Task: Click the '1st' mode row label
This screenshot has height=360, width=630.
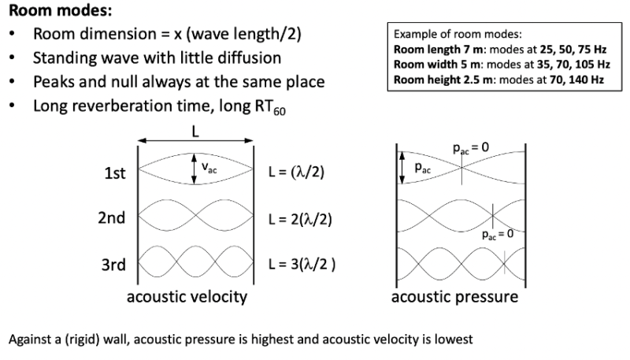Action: [x=116, y=173]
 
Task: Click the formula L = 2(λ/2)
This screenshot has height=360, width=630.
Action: [x=300, y=218]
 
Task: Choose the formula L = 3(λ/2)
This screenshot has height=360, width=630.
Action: [x=302, y=264]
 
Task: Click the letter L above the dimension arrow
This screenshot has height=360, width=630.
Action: [x=195, y=132]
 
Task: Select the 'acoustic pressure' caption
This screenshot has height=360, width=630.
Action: [x=454, y=297]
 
